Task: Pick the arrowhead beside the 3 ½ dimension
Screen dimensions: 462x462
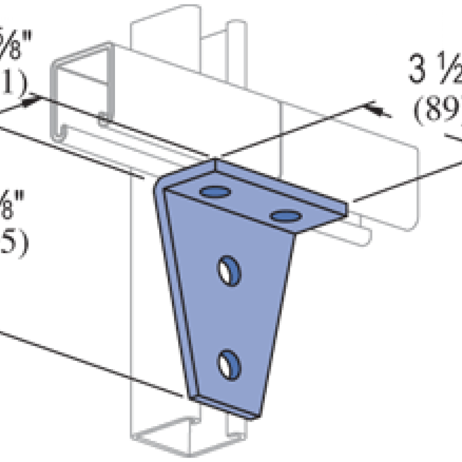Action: point(376,109)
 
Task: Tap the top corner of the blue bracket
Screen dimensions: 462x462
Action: point(215,162)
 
